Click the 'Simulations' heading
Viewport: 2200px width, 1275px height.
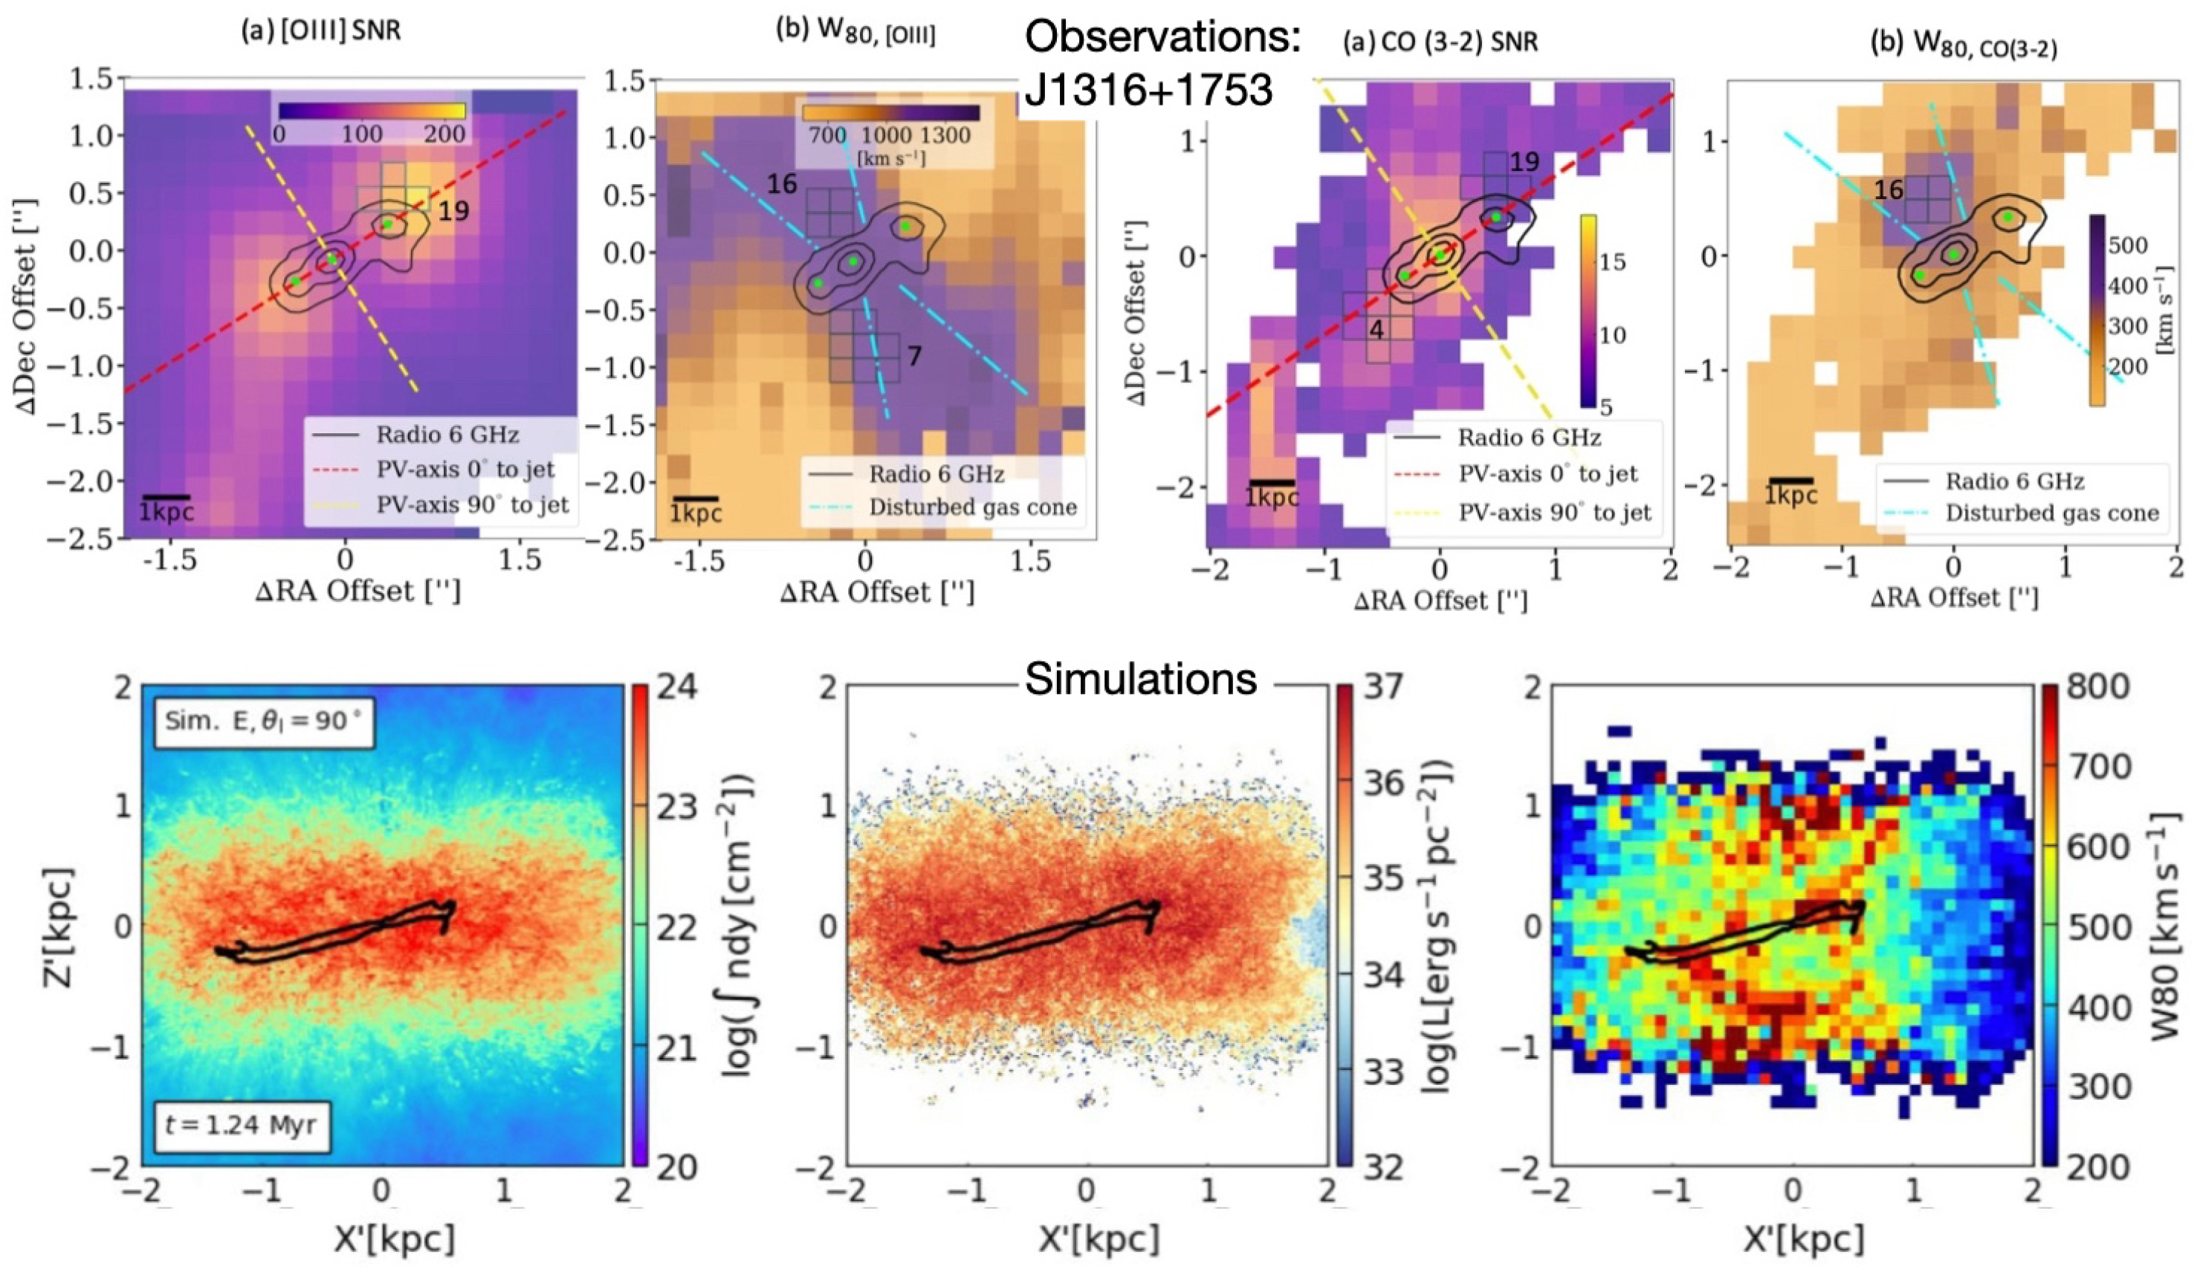coord(1140,678)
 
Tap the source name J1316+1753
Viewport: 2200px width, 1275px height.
coord(1149,90)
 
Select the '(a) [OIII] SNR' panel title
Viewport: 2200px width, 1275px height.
coord(321,34)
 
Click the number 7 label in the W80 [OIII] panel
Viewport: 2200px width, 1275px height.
coord(913,356)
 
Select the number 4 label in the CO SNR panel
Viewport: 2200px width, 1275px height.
coord(1376,331)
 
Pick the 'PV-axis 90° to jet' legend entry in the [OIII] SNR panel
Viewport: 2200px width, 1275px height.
coord(472,505)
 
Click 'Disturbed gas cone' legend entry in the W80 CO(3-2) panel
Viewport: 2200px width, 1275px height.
coord(2051,513)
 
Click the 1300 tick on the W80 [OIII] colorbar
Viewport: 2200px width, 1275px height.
coord(945,135)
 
